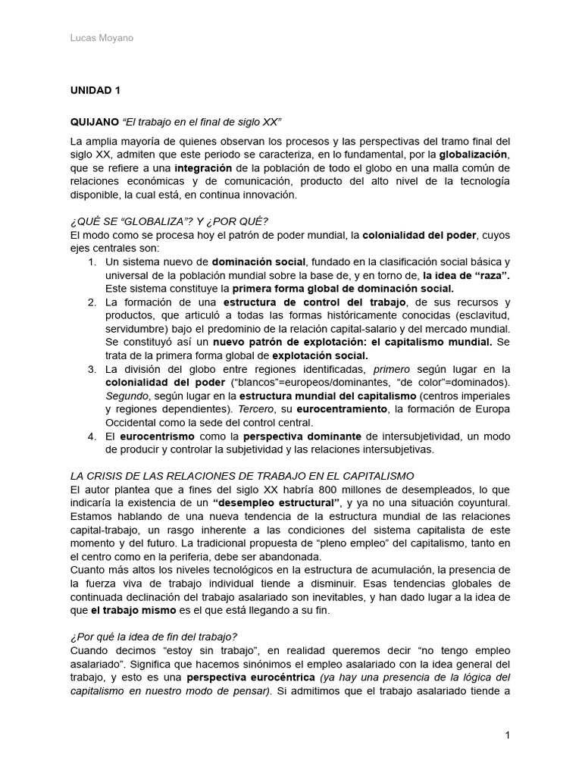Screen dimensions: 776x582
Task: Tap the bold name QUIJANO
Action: (95, 121)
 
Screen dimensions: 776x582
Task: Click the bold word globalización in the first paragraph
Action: (472, 154)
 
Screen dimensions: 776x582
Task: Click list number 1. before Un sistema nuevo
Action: (92, 261)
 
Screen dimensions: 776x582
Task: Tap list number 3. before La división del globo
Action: (92, 369)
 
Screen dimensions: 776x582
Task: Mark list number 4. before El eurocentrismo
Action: (92, 436)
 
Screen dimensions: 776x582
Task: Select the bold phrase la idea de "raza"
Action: (466, 275)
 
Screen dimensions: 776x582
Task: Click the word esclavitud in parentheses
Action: (482, 315)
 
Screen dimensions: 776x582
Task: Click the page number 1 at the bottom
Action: (507, 736)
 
